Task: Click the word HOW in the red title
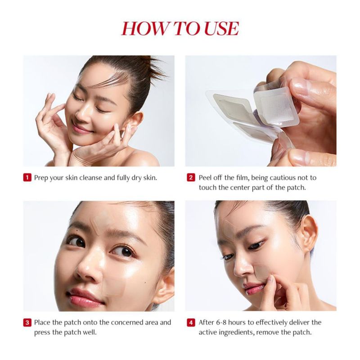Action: coord(145,28)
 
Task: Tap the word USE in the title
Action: coord(221,28)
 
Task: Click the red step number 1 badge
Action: coord(27,177)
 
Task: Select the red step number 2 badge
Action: coord(191,177)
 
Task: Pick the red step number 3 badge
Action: coord(27,322)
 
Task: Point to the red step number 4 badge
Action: coord(191,322)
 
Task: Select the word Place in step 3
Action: coord(42,322)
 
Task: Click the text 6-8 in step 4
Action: coord(221,322)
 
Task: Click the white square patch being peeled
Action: coord(276,106)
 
